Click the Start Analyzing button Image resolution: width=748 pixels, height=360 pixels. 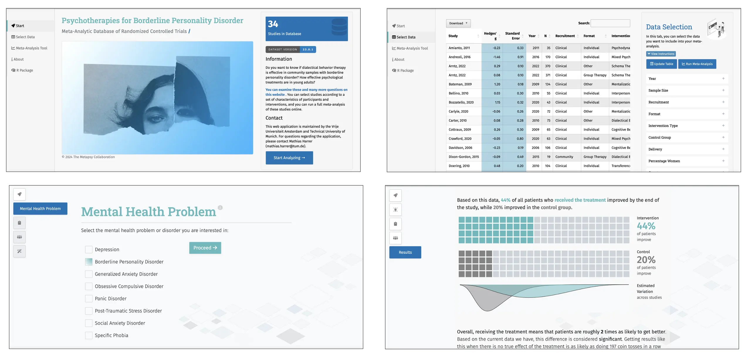tap(289, 158)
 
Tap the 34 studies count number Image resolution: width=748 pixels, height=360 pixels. tap(273, 24)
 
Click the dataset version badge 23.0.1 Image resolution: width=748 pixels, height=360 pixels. tap(308, 50)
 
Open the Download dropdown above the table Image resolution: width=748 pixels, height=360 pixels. tap(458, 23)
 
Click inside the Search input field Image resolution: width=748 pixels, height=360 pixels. tap(610, 23)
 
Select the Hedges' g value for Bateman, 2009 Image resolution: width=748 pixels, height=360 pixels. tap(497, 84)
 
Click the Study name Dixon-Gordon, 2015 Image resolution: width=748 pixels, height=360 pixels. tap(463, 157)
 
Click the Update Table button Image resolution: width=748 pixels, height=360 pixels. tap(661, 64)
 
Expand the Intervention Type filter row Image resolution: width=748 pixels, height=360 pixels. tap(687, 126)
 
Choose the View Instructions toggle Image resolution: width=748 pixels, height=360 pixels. tap(661, 54)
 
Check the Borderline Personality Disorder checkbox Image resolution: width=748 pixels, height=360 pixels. tap(89, 262)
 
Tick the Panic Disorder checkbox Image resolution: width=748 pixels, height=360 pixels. tap(89, 298)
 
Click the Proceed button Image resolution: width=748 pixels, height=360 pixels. tap(205, 248)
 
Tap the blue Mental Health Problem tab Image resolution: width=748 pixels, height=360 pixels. tap(40, 209)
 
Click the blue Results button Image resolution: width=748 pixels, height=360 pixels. tap(405, 252)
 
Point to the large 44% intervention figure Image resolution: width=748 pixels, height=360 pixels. tap(646, 226)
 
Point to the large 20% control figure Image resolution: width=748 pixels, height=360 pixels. tap(646, 260)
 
